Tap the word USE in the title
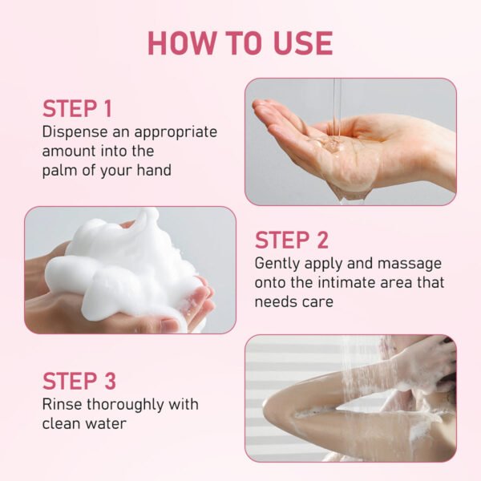[303, 43]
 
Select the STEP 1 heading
[77, 108]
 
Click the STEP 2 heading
[292, 240]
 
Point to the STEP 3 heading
[79, 381]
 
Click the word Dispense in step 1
[75, 132]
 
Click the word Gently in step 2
[277, 265]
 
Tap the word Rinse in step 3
[62, 404]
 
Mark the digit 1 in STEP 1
[107, 108]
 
